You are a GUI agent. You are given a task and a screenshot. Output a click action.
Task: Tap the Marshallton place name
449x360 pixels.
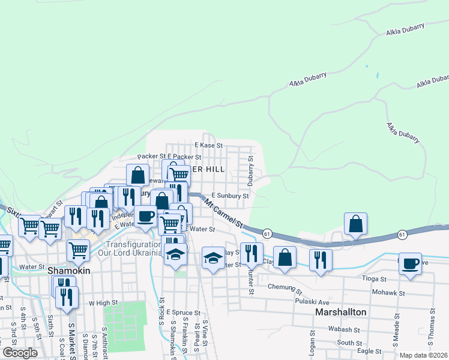point(340,313)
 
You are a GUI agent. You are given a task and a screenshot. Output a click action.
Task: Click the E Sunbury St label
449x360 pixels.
point(231,196)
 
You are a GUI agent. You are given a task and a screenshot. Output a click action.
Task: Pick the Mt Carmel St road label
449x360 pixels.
point(223,214)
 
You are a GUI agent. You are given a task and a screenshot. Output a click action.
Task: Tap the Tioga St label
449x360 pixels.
point(375,278)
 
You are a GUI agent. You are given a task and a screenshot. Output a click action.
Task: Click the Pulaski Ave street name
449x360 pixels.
point(312,302)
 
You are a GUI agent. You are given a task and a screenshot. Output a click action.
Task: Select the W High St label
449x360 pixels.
point(101,303)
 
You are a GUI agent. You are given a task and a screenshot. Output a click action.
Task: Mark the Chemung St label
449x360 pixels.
point(282,287)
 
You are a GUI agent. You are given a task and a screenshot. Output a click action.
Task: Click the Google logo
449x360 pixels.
point(19,353)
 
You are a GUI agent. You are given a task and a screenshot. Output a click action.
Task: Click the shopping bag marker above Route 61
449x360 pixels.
point(356,224)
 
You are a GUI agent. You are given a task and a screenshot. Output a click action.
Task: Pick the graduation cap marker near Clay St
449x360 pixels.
point(213,259)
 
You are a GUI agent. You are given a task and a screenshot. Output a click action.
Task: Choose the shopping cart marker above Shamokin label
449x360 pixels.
point(79,250)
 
